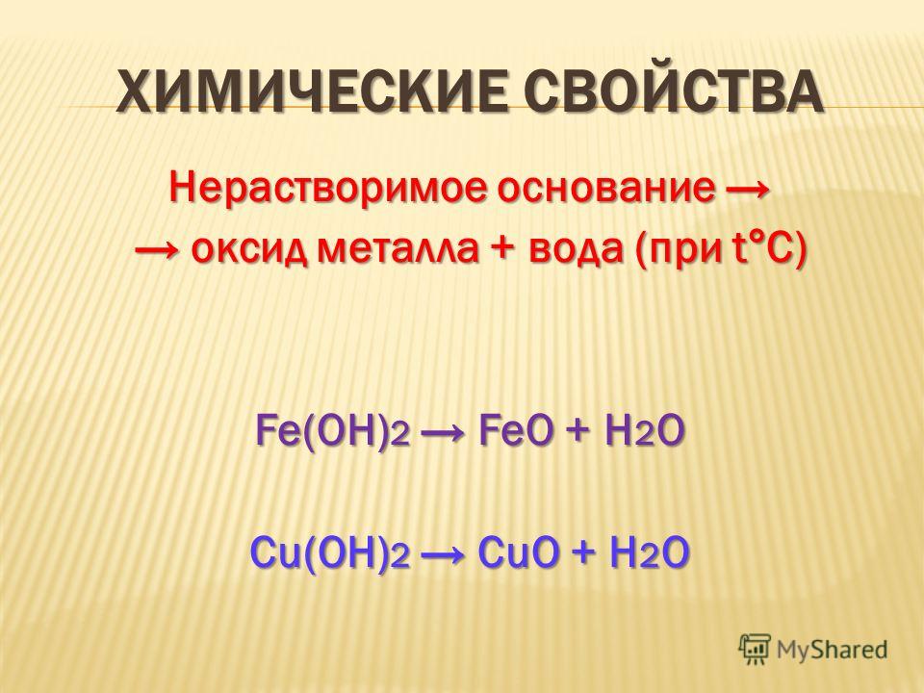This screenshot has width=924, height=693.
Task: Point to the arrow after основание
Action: (747, 190)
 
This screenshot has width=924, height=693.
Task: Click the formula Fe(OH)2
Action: (332, 432)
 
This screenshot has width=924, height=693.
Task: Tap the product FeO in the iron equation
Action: (516, 431)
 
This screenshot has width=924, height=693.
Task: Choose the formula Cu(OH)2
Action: (330, 553)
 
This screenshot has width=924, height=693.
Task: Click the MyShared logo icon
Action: (755, 650)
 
